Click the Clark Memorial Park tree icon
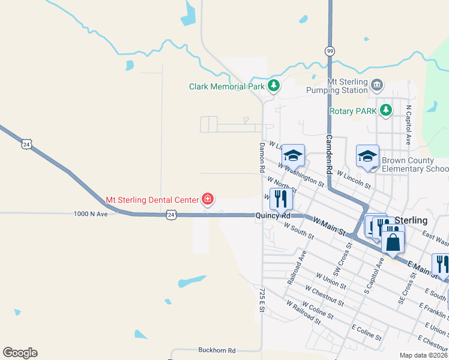tap(274, 86)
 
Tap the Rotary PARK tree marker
tap(385, 110)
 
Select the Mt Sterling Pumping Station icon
tap(376, 85)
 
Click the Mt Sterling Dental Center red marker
tap(208, 199)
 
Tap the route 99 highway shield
tap(330, 51)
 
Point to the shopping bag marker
tap(393, 242)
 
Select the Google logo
tap(20, 353)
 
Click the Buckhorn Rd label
tap(216, 350)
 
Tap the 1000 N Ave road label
tap(90, 214)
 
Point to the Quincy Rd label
tap(273, 215)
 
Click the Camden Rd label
tap(329, 147)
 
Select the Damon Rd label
tap(262, 158)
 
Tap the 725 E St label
tap(262, 300)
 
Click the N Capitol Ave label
tap(408, 125)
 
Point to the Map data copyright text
tap(423, 355)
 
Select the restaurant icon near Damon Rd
tap(281, 198)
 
